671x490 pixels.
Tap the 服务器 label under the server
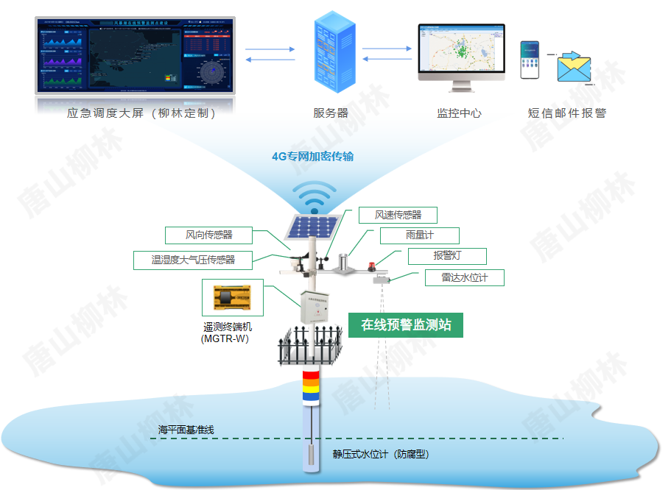click(x=331, y=113)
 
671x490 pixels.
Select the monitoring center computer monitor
click(x=461, y=52)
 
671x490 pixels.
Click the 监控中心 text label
click(x=460, y=113)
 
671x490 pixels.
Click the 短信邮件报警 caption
click(x=566, y=113)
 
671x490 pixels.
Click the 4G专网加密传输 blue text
click(x=313, y=157)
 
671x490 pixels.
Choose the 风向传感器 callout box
click(x=209, y=235)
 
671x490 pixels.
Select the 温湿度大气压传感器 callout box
click(x=193, y=260)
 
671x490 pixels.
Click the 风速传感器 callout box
click(x=398, y=215)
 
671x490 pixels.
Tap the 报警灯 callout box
click(x=448, y=256)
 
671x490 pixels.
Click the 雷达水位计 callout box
click(x=466, y=277)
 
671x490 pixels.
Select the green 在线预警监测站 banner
click(x=406, y=325)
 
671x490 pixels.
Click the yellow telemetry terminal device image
click(x=232, y=298)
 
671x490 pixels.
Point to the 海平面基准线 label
click(x=186, y=430)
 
